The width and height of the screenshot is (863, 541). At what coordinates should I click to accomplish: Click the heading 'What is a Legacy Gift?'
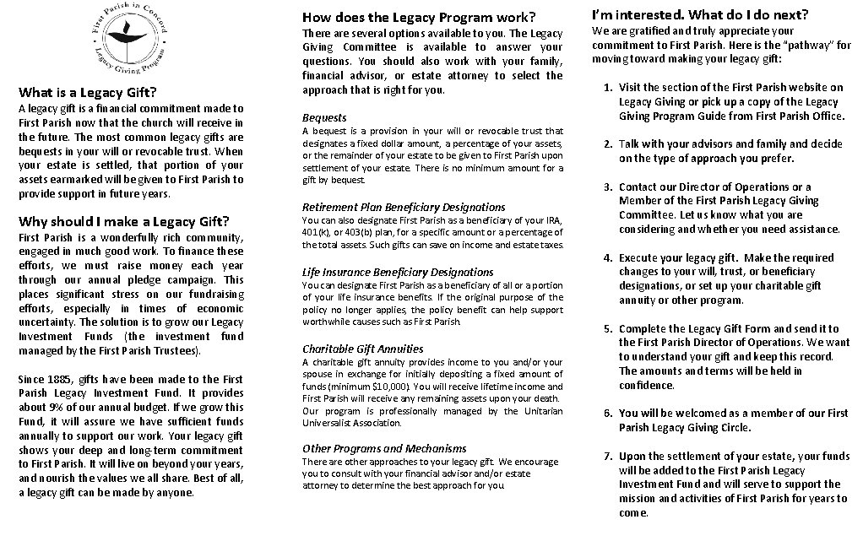(x=87, y=92)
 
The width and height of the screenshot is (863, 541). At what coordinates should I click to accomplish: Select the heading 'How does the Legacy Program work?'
(x=419, y=17)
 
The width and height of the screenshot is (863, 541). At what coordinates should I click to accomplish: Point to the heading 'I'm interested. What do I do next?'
(x=700, y=14)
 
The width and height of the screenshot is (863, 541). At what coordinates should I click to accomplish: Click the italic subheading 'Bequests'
(x=324, y=117)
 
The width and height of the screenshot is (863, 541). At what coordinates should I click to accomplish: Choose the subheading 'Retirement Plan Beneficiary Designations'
(x=404, y=207)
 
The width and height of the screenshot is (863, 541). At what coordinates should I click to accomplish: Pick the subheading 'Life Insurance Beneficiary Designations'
(x=398, y=272)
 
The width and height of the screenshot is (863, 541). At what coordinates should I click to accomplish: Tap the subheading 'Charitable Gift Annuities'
(x=363, y=349)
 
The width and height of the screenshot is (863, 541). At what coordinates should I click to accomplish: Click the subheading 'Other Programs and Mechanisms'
(x=384, y=448)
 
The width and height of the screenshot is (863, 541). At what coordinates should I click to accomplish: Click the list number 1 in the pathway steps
(x=607, y=88)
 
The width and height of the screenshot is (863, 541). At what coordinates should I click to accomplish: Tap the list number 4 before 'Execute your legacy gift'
(x=607, y=258)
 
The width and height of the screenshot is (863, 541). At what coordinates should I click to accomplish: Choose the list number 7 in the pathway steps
(x=607, y=457)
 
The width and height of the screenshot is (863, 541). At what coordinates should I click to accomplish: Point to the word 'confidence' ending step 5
(x=647, y=386)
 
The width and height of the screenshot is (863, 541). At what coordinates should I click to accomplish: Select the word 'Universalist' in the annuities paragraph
(x=333, y=423)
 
